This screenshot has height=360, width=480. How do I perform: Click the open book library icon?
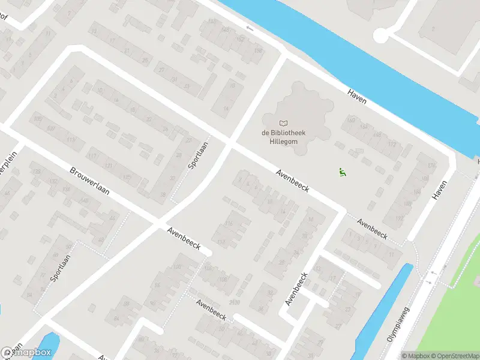pyautogui.click(x=283, y=123)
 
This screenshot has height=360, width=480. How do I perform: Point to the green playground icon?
pyautogui.click(x=342, y=172)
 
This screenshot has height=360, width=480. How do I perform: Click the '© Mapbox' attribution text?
pyautogui.click(x=416, y=356)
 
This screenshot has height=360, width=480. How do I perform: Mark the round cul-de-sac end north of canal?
pyautogui.click(x=380, y=35)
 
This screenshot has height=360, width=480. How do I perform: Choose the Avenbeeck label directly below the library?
pyautogui.click(x=292, y=181)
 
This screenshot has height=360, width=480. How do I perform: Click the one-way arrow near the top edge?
pyautogui.click(x=250, y=28)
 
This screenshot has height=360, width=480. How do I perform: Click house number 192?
pyautogui.click(x=400, y=218)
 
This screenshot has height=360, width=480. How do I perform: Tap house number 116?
pyautogui.click(x=229, y=224)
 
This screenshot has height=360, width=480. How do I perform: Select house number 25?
pyautogui.click(x=144, y=61)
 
